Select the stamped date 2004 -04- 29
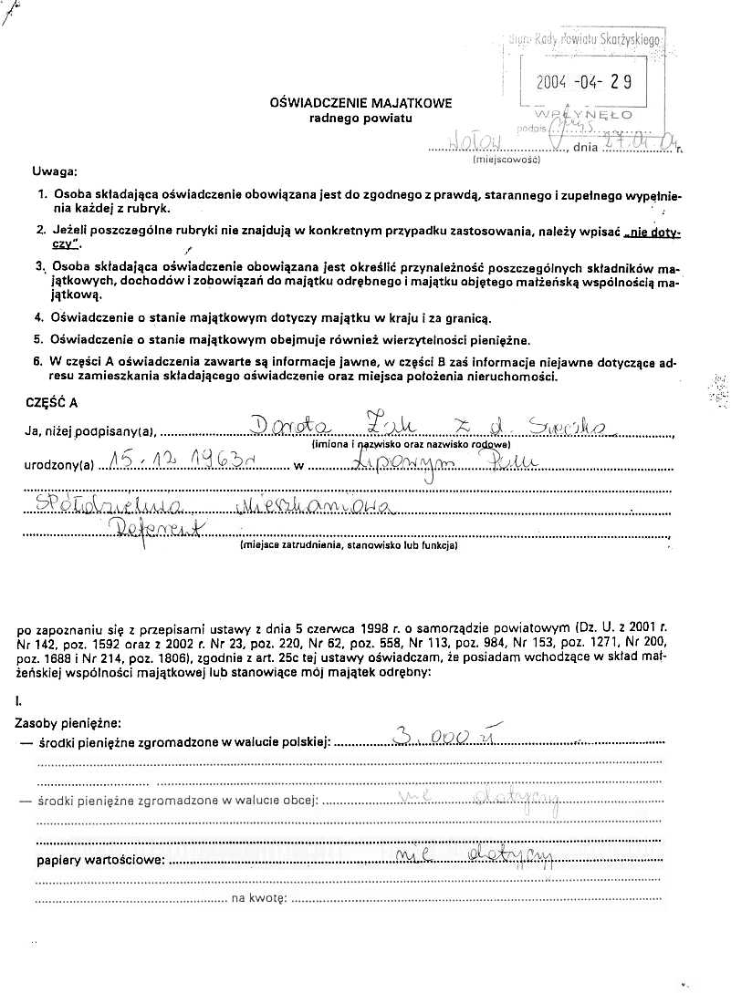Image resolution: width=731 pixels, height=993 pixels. pos(584,80)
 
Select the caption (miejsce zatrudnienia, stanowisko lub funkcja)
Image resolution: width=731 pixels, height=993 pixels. pos(349,546)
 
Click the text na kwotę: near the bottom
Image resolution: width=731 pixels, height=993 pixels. pos(259,899)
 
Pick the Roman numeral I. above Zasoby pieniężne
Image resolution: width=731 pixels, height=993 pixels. pos(19,699)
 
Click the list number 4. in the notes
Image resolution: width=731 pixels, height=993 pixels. pos(39,317)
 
